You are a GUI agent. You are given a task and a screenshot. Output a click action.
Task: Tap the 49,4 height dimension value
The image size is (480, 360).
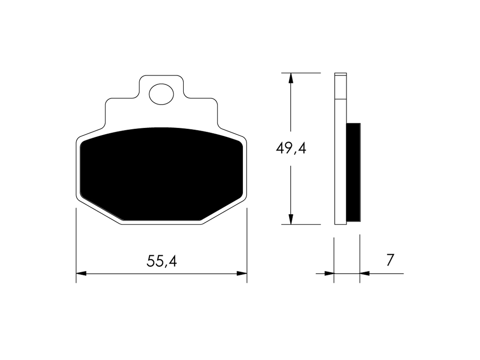[291, 149]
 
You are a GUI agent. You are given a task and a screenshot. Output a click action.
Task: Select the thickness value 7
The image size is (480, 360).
[390, 260]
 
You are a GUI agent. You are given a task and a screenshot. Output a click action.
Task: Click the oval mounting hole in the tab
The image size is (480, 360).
[161, 94]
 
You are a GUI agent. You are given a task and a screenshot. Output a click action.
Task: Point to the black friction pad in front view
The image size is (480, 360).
[161, 174]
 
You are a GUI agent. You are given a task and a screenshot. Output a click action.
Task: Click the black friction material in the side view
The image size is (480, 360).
[353, 172]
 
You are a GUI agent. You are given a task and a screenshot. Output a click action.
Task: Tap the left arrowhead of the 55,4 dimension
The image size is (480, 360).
[81, 273]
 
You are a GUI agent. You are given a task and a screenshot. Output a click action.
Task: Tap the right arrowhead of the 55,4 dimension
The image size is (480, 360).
[242, 273]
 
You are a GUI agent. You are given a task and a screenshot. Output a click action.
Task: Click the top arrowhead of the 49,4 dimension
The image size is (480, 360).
[291, 78]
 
